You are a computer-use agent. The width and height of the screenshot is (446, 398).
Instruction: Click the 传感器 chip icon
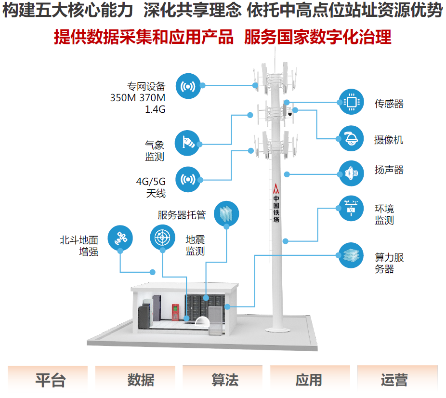tap(351, 102)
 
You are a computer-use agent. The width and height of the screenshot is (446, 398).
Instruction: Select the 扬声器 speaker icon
tap(351, 173)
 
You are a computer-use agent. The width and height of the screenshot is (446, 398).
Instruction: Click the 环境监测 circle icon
tap(351, 208)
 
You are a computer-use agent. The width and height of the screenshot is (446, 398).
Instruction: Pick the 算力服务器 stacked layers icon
tap(351, 255)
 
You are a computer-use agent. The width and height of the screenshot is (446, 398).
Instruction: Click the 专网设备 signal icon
tap(188, 86)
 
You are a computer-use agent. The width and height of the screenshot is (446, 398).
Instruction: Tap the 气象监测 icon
tap(188, 142)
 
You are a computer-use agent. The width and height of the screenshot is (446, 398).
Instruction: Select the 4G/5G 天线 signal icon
tap(188, 179)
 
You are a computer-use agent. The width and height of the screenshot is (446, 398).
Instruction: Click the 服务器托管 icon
tap(226, 212)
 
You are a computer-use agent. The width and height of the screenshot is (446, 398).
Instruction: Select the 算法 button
tap(224, 379)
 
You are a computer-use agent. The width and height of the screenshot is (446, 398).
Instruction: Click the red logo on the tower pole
tap(276, 188)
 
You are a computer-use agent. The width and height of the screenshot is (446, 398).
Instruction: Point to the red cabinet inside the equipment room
tap(176, 312)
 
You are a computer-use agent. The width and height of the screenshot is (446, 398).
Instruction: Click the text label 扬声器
tap(389, 170)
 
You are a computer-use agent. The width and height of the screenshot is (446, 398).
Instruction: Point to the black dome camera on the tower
tap(290, 114)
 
